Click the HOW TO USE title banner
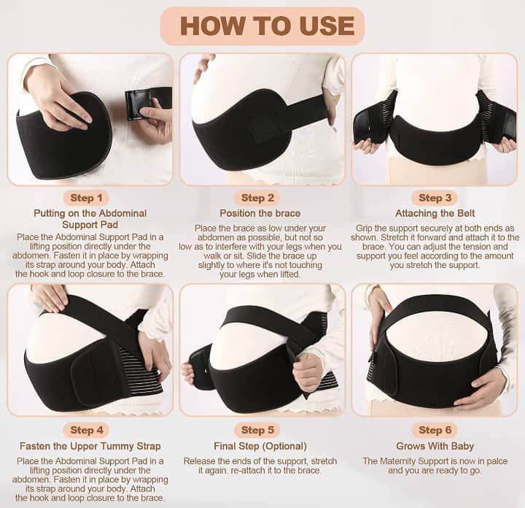(x=262, y=26)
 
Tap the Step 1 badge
(x=86, y=198)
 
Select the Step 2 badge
(x=257, y=198)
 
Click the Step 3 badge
(x=435, y=198)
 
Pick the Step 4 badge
(x=86, y=430)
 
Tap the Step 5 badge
(x=257, y=430)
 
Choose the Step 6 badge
(x=435, y=430)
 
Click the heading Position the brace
(x=260, y=213)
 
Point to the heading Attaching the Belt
(x=435, y=213)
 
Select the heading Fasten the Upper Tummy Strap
(x=90, y=447)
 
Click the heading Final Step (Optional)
(x=260, y=447)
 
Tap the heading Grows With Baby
(x=435, y=447)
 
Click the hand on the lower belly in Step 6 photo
(x=480, y=390)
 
